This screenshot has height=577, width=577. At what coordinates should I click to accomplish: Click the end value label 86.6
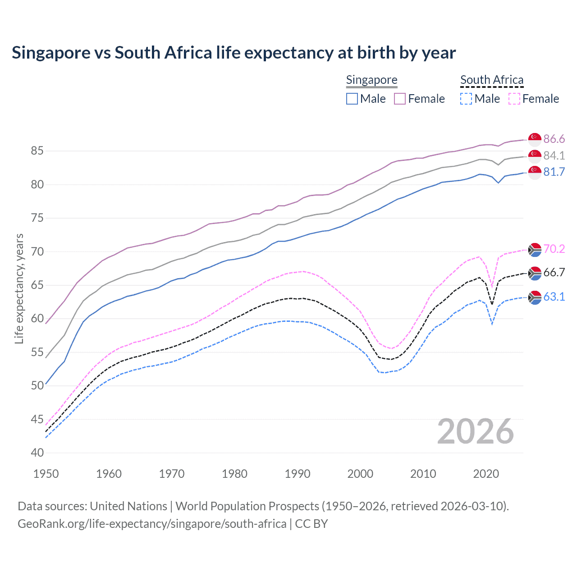[x=554, y=139]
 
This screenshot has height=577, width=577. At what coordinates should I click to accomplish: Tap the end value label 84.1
[x=554, y=156]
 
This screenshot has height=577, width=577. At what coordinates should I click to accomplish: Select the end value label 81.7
[x=554, y=172]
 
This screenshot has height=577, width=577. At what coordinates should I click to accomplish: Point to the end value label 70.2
[x=554, y=249]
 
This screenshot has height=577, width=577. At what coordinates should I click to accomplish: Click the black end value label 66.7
[x=554, y=272]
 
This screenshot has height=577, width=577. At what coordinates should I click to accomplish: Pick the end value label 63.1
[x=554, y=297]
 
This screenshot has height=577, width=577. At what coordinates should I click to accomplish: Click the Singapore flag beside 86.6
[x=535, y=139]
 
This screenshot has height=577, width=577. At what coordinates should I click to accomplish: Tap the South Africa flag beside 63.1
[x=535, y=297]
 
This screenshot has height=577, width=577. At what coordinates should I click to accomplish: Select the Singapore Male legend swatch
[x=352, y=99]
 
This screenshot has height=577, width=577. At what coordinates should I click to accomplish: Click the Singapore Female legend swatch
[x=400, y=99]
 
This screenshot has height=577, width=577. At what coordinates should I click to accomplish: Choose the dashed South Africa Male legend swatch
[x=466, y=99]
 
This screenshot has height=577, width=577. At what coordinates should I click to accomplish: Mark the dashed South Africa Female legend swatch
[x=514, y=99]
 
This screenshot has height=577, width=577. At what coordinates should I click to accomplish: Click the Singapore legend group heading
[x=371, y=80]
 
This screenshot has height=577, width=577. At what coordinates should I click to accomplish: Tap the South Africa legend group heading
[x=492, y=80]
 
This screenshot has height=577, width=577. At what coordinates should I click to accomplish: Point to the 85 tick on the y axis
[x=37, y=151]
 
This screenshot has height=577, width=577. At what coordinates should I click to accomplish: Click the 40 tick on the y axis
[x=37, y=453]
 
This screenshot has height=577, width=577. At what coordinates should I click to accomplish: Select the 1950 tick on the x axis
[x=46, y=474]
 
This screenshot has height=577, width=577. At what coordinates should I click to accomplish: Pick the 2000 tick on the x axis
[x=360, y=474]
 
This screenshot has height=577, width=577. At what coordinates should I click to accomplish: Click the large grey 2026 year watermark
[x=476, y=432]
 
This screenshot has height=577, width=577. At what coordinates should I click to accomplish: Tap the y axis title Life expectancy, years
[x=19, y=288]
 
